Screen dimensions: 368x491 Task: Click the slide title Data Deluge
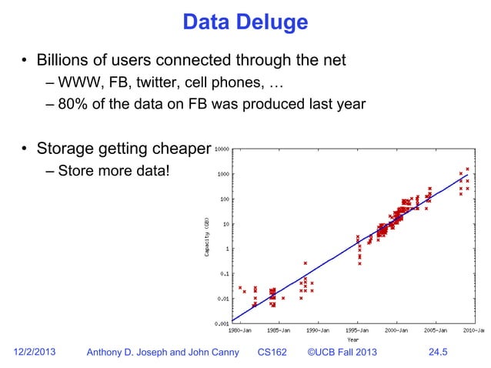(245, 22)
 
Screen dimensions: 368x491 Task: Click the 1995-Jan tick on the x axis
(357, 330)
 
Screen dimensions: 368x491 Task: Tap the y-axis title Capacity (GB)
(208, 236)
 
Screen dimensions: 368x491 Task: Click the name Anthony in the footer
(109, 353)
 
